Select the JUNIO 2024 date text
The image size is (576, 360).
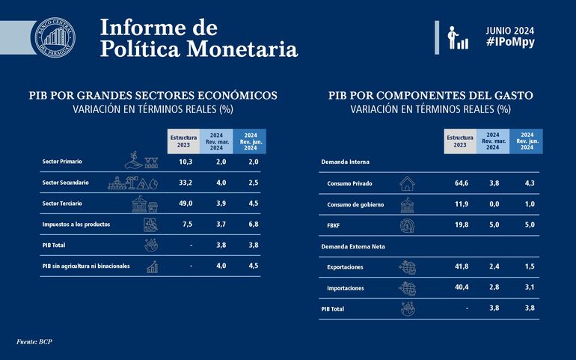click(513, 30)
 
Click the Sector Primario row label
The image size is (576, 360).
click(62, 162)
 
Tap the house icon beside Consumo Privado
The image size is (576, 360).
click(408, 183)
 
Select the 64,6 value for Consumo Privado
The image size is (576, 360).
click(462, 183)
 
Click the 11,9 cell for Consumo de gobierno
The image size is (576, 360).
click(462, 204)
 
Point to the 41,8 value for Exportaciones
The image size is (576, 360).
click(462, 266)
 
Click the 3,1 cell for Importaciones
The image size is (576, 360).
click(527, 287)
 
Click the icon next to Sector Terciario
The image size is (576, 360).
click(144, 204)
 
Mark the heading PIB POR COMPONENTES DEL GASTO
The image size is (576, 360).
click(429, 96)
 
